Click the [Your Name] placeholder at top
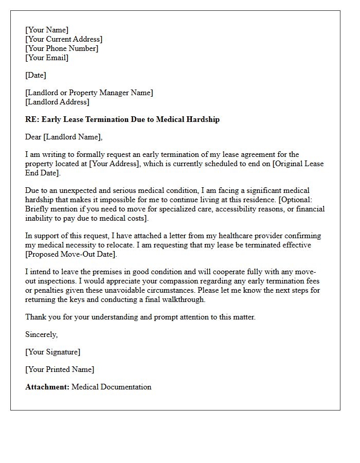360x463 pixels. [47, 30]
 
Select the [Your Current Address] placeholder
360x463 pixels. [64, 39]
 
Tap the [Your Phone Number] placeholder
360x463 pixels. [62, 48]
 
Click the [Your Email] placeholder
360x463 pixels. [47, 58]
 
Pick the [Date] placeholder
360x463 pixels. [35, 75]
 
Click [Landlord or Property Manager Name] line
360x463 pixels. [89, 93]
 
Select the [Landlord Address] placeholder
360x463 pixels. [57, 102]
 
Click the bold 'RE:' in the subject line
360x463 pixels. [32, 119]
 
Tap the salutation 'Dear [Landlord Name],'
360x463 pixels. [64, 137]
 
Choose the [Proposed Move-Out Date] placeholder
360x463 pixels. [71, 254]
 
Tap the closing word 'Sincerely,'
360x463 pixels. [42, 334]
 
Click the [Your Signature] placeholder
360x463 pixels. [52, 352]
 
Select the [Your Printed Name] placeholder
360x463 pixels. [60, 369]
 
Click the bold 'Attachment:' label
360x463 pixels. [47, 387]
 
